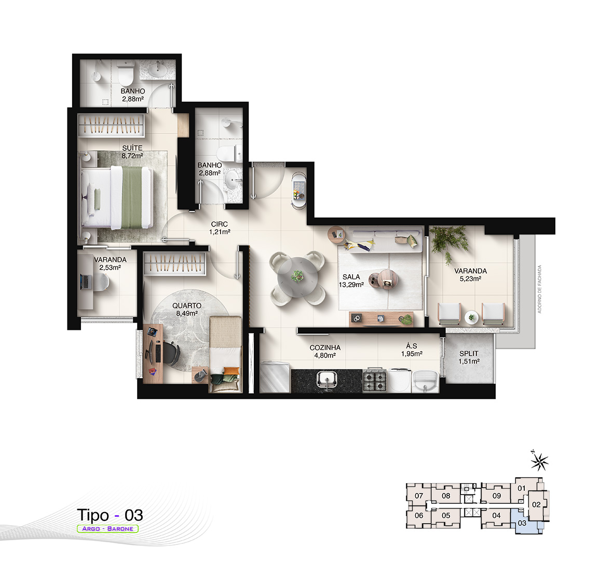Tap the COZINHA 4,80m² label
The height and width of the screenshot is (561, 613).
point(325,351)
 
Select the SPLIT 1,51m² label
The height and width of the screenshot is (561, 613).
point(469,357)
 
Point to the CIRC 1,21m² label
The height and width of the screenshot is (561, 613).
point(220,228)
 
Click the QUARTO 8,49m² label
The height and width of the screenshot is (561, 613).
point(187,309)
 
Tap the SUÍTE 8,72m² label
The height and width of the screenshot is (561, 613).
point(132,151)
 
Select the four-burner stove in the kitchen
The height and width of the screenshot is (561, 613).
point(375,380)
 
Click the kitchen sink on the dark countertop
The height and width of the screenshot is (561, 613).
point(327,380)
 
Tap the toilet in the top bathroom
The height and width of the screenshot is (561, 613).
point(126,74)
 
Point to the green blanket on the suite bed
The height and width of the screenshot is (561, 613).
point(132,197)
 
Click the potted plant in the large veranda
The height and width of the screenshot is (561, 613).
point(449,242)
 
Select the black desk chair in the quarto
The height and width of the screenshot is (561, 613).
point(171,353)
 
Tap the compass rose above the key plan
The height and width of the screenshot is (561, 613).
point(539,461)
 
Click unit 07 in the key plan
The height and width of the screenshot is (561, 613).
point(419,496)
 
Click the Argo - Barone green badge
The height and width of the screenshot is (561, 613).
point(107,528)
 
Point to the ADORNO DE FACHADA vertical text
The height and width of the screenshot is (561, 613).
point(539,289)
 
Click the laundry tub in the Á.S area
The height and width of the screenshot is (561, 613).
point(425,381)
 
